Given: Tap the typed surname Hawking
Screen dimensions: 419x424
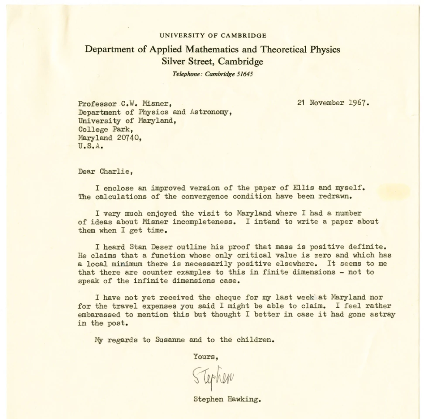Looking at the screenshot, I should (x=245, y=398).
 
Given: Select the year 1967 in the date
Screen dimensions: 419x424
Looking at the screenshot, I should (x=358, y=103).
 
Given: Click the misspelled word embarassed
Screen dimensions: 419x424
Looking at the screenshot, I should (x=99, y=314).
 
